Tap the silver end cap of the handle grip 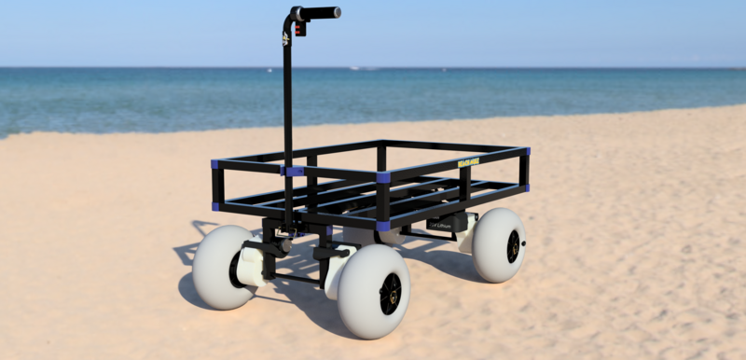click(x=338, y=12)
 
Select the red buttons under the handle click(x=299, y=28)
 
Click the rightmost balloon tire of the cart click(x=499, y=245)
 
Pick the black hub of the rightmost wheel click(x=513, y=246)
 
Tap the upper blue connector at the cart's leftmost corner click(x=214, y=165)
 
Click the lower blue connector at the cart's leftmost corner click(x=215, y=206)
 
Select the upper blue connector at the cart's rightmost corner click(x=527, y=150)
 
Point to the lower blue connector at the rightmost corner click(x=526, y=187)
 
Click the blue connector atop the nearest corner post click(x=383, y=176)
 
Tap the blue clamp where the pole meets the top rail click(x=294, y=171)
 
